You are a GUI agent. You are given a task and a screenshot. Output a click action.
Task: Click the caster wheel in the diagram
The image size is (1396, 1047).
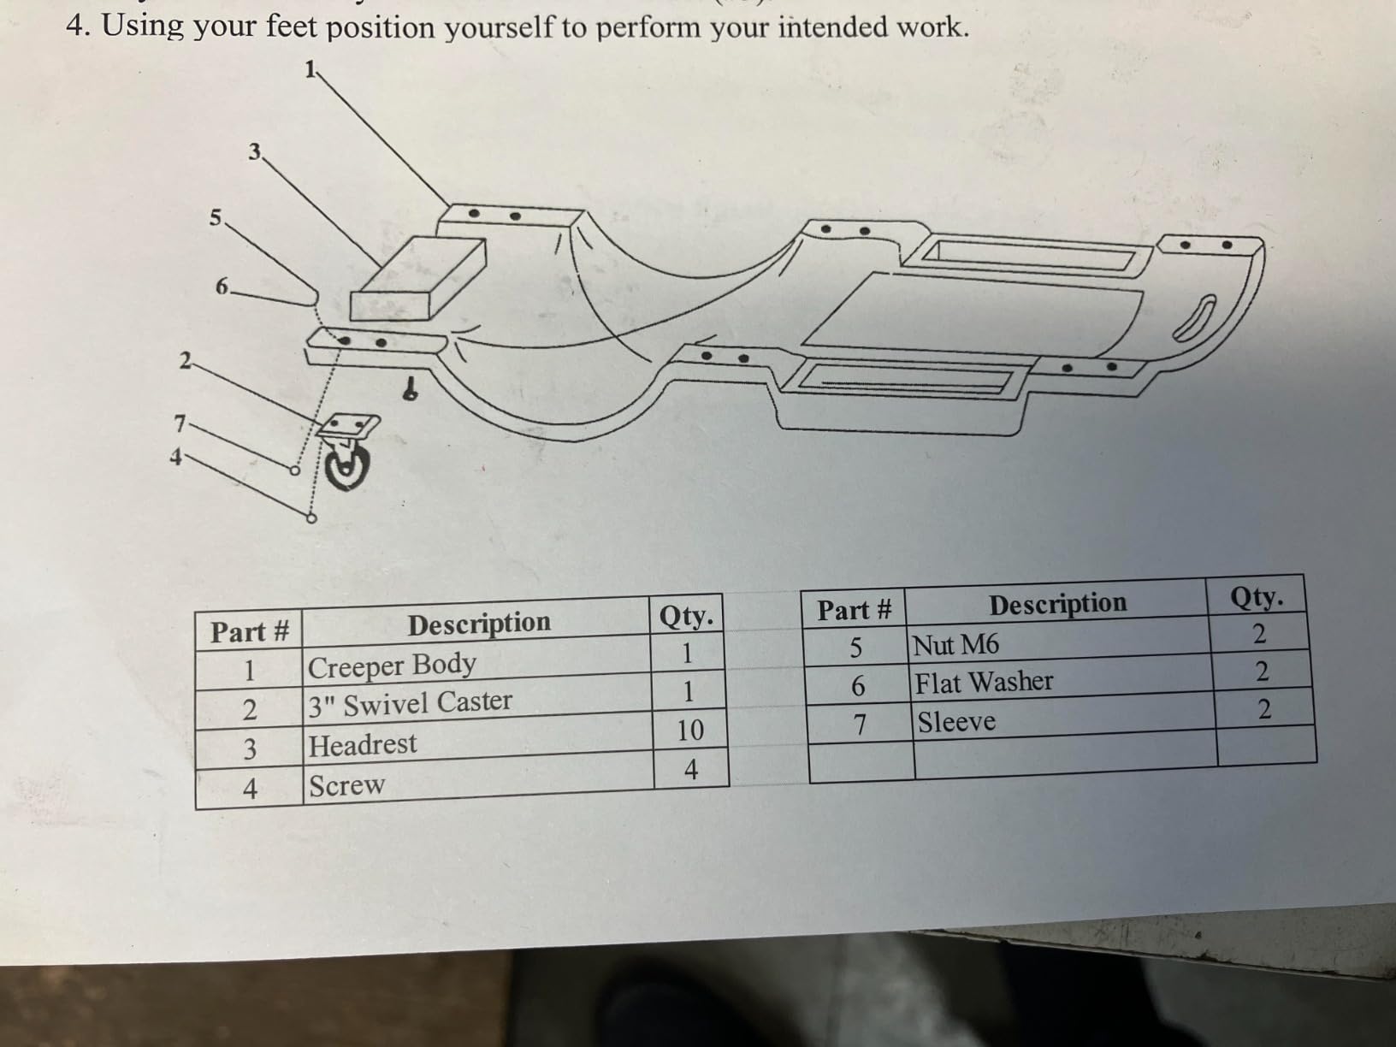point(347,466)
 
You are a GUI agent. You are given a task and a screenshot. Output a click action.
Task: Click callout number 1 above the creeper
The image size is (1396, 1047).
point(311,68)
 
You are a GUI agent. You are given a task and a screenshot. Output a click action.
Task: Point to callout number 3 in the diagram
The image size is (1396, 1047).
point(254,152)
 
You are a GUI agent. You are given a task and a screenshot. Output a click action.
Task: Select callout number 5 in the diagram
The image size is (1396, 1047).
point(216,218)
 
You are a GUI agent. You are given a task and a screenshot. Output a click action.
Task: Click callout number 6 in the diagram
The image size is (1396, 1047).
point(222,287)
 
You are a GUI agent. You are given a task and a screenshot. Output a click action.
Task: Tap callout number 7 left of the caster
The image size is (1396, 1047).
point(180,423)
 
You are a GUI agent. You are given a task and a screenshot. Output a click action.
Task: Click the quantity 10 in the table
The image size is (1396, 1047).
point(690,730)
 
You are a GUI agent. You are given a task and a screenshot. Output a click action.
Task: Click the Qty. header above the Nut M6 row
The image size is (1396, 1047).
point(1257,597)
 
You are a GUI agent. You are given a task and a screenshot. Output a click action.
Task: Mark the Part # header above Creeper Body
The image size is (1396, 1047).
point(250,632)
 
